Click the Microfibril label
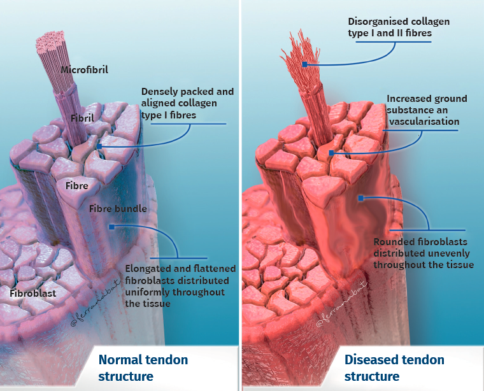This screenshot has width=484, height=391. [84, 69]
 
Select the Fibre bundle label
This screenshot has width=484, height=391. [118, 208]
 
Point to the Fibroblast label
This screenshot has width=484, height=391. [32, 294]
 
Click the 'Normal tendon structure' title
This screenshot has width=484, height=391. [143, 367]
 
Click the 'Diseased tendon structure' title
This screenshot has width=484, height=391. [394, 367]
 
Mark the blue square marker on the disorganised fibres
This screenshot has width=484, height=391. [306, 64]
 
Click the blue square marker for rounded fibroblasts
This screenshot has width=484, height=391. [360, 199]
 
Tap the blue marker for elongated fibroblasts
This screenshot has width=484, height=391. [111, 226]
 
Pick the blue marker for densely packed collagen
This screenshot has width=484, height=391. [99, 146]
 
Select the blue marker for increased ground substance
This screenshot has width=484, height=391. [331, 153]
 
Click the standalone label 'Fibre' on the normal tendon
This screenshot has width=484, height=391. [76, 186]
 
